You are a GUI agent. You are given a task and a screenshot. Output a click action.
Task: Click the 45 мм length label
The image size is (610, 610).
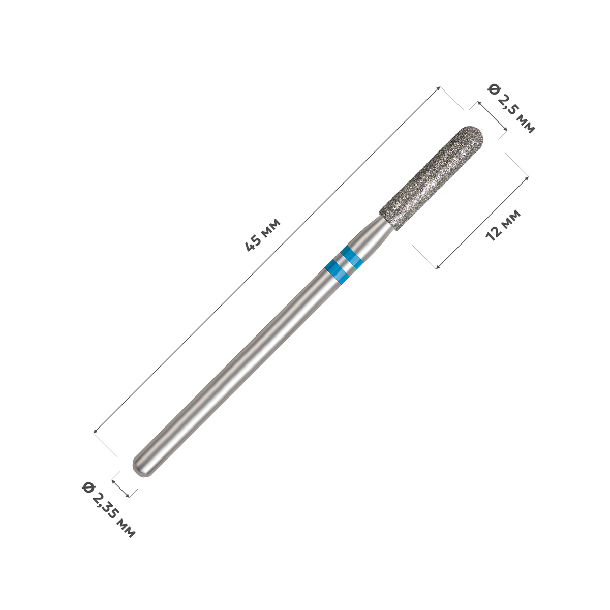(263, 234)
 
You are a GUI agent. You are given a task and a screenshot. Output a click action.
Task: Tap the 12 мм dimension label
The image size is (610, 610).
(503, 225)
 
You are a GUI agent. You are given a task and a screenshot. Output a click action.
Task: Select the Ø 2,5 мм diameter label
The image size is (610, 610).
(511, 109)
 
